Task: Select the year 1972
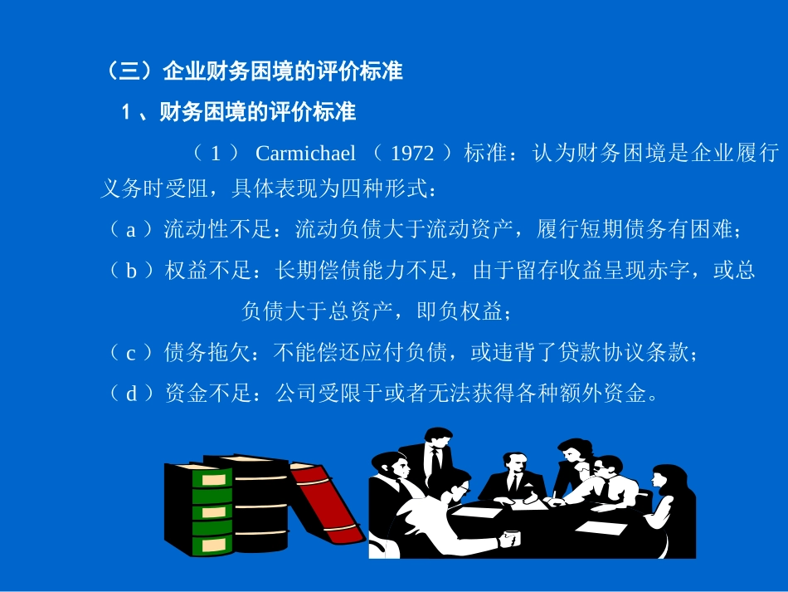(x=411, y=154)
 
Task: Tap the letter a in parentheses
(x=130, y=231)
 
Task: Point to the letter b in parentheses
(x=130, y=271)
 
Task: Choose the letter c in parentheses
(x=130, y=353)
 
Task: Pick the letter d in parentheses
(x=130, y=394)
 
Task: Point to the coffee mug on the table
(x=508, y=538)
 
